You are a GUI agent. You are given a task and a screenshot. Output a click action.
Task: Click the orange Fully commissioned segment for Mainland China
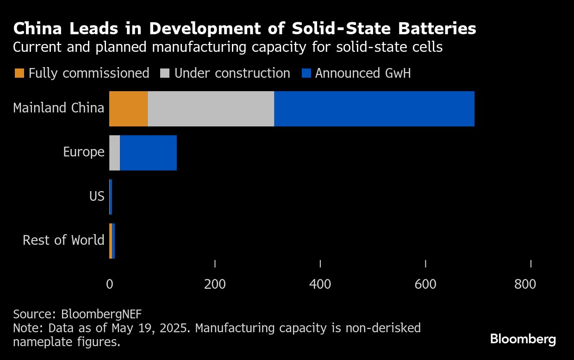tap(128, 109)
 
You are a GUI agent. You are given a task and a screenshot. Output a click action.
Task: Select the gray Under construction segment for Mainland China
tap(211, 109)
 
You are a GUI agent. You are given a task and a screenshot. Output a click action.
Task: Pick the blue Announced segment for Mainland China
tap(374, 109)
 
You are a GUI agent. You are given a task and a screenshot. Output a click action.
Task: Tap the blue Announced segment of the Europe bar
tap(148, 153)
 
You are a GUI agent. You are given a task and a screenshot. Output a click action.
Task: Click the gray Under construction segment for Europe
tap(115, 153)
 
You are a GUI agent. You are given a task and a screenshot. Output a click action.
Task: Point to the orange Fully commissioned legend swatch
tap(19, 73)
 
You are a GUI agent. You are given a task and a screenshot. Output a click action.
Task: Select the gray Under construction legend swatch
tap(165, 73)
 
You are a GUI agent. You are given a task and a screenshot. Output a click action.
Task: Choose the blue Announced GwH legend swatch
tap(306, 73)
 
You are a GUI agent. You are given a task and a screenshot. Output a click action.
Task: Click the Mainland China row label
tap(59, 108)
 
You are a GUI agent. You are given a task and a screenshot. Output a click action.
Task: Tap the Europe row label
tap(84, 152)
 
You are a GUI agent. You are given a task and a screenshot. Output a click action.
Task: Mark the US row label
tap(97, 196)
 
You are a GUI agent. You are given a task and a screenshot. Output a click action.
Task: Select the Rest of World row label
tap(63, 240)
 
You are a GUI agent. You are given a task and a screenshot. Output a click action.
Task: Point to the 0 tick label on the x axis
tap(110, 284)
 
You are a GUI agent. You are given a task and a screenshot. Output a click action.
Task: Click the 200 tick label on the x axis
tap(215, 284)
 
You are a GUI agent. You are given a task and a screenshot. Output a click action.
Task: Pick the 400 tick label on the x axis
tap(320, 284)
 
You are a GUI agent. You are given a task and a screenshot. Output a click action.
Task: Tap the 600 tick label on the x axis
tap(425, 284)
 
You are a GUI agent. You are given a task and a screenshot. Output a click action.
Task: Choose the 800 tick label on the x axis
tap(525, 284)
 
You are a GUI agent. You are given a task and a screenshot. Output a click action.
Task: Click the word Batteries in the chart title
tap(437, 29)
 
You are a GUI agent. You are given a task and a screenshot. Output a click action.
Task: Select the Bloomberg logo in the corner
tap(523, 339)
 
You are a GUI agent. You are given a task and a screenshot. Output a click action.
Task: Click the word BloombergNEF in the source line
tap(101, 314)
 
